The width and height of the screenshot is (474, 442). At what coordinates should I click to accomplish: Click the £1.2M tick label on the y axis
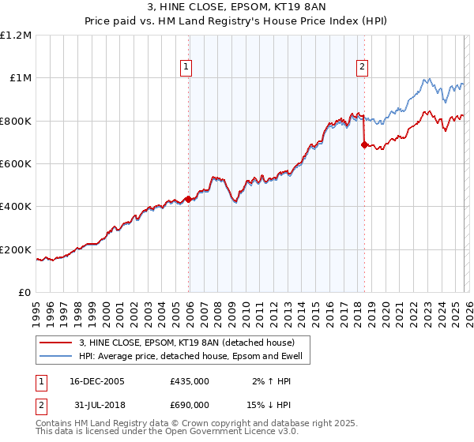pyautogui.click(x=17, y=35)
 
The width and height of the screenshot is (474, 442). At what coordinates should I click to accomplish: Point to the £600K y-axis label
pyautogui.click(x=17, y=163)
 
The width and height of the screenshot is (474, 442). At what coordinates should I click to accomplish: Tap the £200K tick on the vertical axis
pyautogui.click(x=17, y=249)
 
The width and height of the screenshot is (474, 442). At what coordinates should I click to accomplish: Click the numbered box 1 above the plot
pyautogui.click(x=186, y=67)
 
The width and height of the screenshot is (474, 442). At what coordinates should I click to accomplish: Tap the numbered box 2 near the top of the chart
pyautogui.click(x=362, y=67)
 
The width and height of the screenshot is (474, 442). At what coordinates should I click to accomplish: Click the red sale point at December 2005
pyautogui.click(x=188, y=199)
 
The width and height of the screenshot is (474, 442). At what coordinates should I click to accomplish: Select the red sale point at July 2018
pyautogui.click(x=364, y=144)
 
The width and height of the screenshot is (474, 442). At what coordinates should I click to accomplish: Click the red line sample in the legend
pyautogui.click(x=57, y=343)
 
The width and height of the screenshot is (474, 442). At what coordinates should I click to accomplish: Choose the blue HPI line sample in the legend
pyautogui.click(x=57, y=357)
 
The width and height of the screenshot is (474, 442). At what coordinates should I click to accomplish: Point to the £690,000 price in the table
pyautogui.click(x=190, y=405)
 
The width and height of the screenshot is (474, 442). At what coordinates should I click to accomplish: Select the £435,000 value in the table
pyautogui.click(x=190, y=381)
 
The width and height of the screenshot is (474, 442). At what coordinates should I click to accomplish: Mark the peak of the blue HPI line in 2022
pyautogui.click(x=427, y=78)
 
